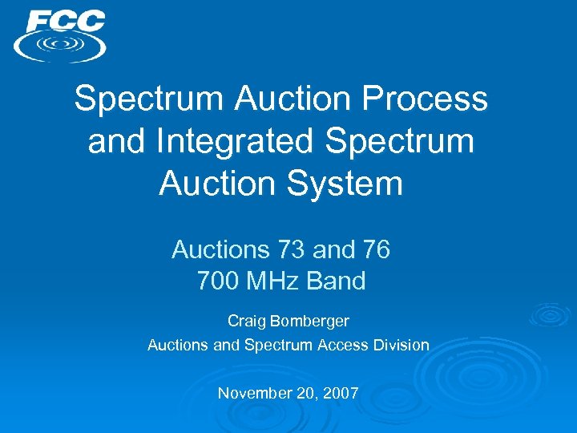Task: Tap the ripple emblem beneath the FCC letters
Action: point(60,45)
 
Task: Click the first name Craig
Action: point(246,321)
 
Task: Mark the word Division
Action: point(400,345)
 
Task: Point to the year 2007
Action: point(341,393)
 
